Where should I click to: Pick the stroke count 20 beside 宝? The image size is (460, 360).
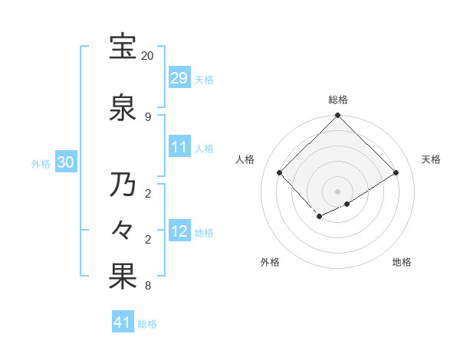point(148,56)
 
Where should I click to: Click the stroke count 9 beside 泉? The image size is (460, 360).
point(148,116)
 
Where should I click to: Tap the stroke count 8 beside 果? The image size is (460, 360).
point(148,286)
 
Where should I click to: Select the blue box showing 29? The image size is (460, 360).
point(179,78)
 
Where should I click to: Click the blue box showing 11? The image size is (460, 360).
point(179,147)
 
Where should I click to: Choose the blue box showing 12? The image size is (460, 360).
point(179,231)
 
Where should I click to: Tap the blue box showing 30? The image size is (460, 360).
point(65,162)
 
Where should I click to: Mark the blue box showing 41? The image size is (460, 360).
point(123,322)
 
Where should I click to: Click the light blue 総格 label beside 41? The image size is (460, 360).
point(147,324)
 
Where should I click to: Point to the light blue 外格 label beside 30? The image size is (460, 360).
point(41,163)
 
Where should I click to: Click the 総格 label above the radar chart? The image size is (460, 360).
point(337,100)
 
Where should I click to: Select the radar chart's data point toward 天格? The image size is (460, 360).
point(396,172)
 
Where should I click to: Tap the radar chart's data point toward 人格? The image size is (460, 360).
point(280,172)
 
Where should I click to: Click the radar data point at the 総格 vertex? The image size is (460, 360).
point(337,116)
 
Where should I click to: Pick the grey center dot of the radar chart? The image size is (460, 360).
point(337,191)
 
